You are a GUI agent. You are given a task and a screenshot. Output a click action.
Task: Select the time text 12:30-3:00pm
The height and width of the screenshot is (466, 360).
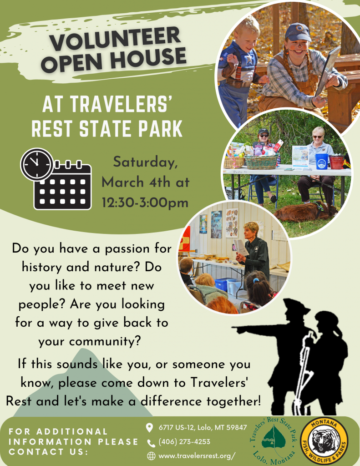(145, 203)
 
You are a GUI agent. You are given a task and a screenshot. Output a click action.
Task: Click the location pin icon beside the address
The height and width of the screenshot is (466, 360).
(150, 428)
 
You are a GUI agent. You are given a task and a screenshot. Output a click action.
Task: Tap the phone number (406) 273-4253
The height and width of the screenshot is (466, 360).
(184, 441)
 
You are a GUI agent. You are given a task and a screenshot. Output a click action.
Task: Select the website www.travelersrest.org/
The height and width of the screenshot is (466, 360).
(197, 456)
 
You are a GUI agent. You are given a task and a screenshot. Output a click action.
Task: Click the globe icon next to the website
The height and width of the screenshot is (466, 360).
(151, 456)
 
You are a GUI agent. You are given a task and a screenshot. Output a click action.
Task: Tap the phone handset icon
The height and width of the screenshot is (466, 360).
(151, 443)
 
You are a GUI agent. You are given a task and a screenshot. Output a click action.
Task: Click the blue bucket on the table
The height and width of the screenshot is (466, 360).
(322, 162)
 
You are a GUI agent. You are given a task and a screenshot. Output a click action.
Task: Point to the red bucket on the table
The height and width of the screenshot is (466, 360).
(336, 162)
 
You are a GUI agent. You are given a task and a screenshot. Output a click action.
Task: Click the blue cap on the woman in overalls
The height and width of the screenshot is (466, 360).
(298, 32)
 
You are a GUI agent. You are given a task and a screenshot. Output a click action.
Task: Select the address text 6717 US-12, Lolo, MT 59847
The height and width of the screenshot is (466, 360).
(203, 427)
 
